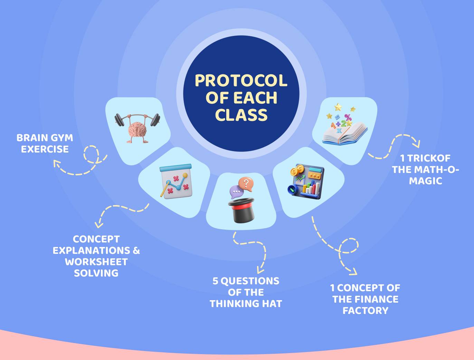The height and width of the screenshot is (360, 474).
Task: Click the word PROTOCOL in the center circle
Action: coord(241,81)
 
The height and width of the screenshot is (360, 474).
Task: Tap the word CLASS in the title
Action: coord(241,114)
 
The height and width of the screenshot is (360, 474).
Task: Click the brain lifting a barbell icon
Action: coord(138,128)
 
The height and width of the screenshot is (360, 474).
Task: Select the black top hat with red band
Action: coord(241,210)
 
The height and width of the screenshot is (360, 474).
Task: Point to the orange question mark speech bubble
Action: coord(246,184)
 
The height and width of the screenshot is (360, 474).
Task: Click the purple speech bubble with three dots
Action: coord(236,192)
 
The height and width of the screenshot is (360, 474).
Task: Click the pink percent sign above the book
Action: coord(348,117)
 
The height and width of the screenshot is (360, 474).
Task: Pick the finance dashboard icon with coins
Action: coord(306,181)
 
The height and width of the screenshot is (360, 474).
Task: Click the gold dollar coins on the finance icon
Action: coord(297,170)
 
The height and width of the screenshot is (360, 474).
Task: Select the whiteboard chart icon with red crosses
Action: coord(176,181)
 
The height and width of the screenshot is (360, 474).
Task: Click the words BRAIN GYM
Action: coord(45,138)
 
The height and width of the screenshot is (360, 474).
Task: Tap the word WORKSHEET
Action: coord(96,262)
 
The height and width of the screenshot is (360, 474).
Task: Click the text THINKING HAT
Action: coord(246,304)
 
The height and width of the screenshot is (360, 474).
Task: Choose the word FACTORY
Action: coord(366,311)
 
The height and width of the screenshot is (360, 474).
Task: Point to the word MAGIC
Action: coord(425,181)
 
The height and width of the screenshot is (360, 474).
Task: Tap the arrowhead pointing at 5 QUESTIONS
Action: coord(260,270)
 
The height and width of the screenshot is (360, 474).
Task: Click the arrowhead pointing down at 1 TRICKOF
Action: coord(417,144)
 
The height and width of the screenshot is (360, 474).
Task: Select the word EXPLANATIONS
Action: coord(92,251)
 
